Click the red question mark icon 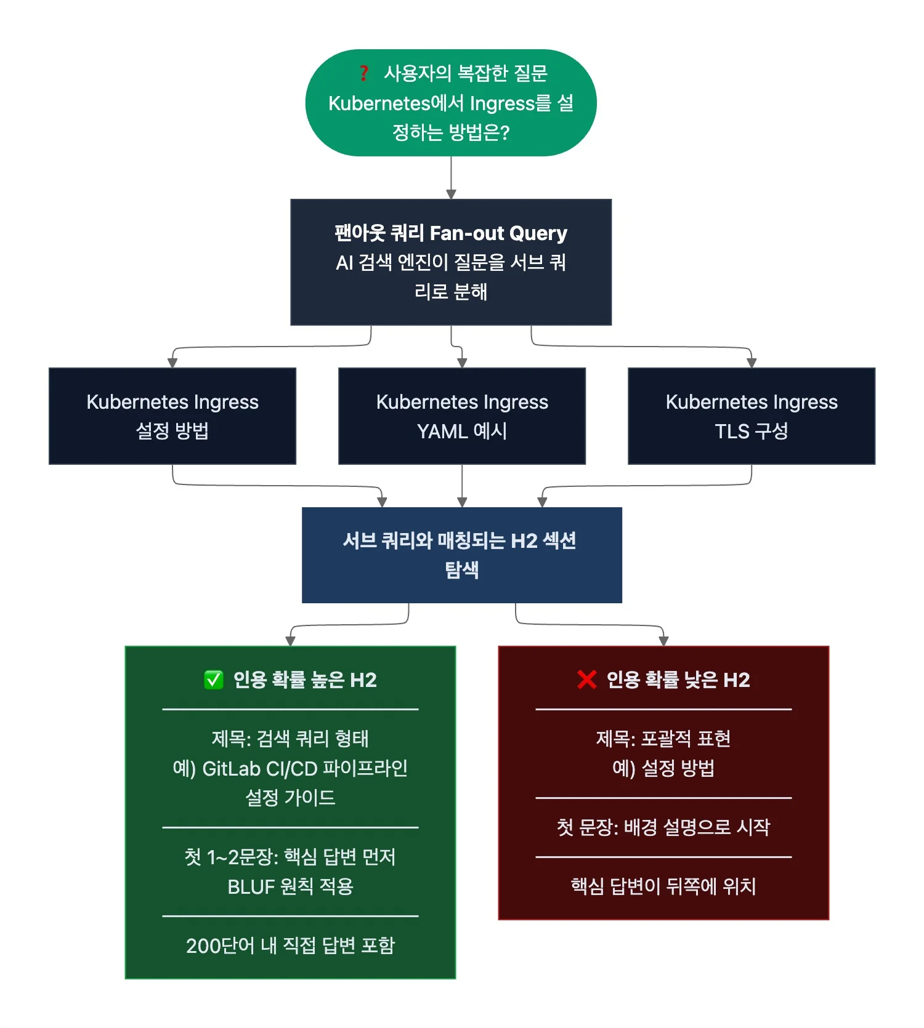point(364,73)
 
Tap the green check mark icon point(213,680)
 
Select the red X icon point(586,680)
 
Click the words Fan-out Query point(498,233)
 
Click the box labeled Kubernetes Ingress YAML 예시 point(462,416)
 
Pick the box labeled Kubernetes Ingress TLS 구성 point(752,416)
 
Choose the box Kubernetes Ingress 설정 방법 point(172,416)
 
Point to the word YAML point(442,432)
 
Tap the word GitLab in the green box point(231,769)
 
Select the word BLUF point(251,887)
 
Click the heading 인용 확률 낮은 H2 point(678,680)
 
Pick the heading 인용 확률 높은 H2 point(304,680)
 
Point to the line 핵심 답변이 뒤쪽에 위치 point(663,887)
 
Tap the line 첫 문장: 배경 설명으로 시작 point(663,828)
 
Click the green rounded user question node point(451,103)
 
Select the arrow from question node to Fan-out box point(451,177)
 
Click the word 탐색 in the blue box point(462,570)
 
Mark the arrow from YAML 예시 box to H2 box point(462,486)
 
